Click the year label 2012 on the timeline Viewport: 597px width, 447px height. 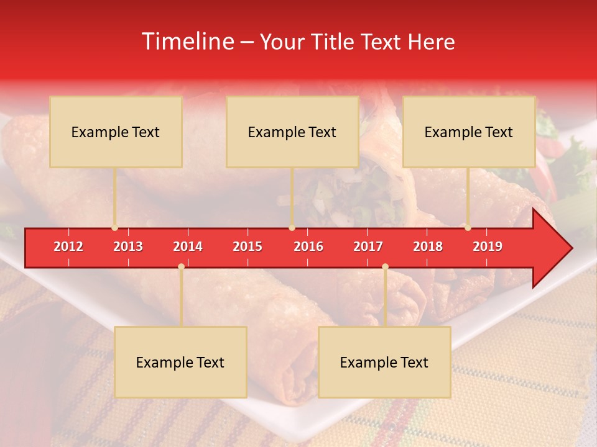(x=68, y=246)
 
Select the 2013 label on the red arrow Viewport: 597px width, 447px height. (x=128, y=246)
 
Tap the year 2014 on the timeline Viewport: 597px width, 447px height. (x=188, y=246)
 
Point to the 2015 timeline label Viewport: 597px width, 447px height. (x=248, y=246)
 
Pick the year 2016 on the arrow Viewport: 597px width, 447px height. (x=308, y=246)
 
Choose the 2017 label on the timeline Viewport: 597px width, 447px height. (x=368, y=246)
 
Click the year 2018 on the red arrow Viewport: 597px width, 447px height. (x=428, y=246)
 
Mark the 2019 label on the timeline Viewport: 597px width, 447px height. (x=488, y=246)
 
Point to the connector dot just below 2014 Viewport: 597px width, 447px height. (x=181, y=266)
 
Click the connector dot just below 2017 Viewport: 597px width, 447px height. (x=385, y=266)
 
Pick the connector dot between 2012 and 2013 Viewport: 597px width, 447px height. (x=114, y=228)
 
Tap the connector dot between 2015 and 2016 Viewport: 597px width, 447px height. (x=292, y=228)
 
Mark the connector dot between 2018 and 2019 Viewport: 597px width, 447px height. (x=468, y=228)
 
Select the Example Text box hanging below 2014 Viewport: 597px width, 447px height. (x=180, y=362)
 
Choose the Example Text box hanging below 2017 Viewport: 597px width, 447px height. (x=384, y=362)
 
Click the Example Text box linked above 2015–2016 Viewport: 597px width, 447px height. (x=292, y=132)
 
